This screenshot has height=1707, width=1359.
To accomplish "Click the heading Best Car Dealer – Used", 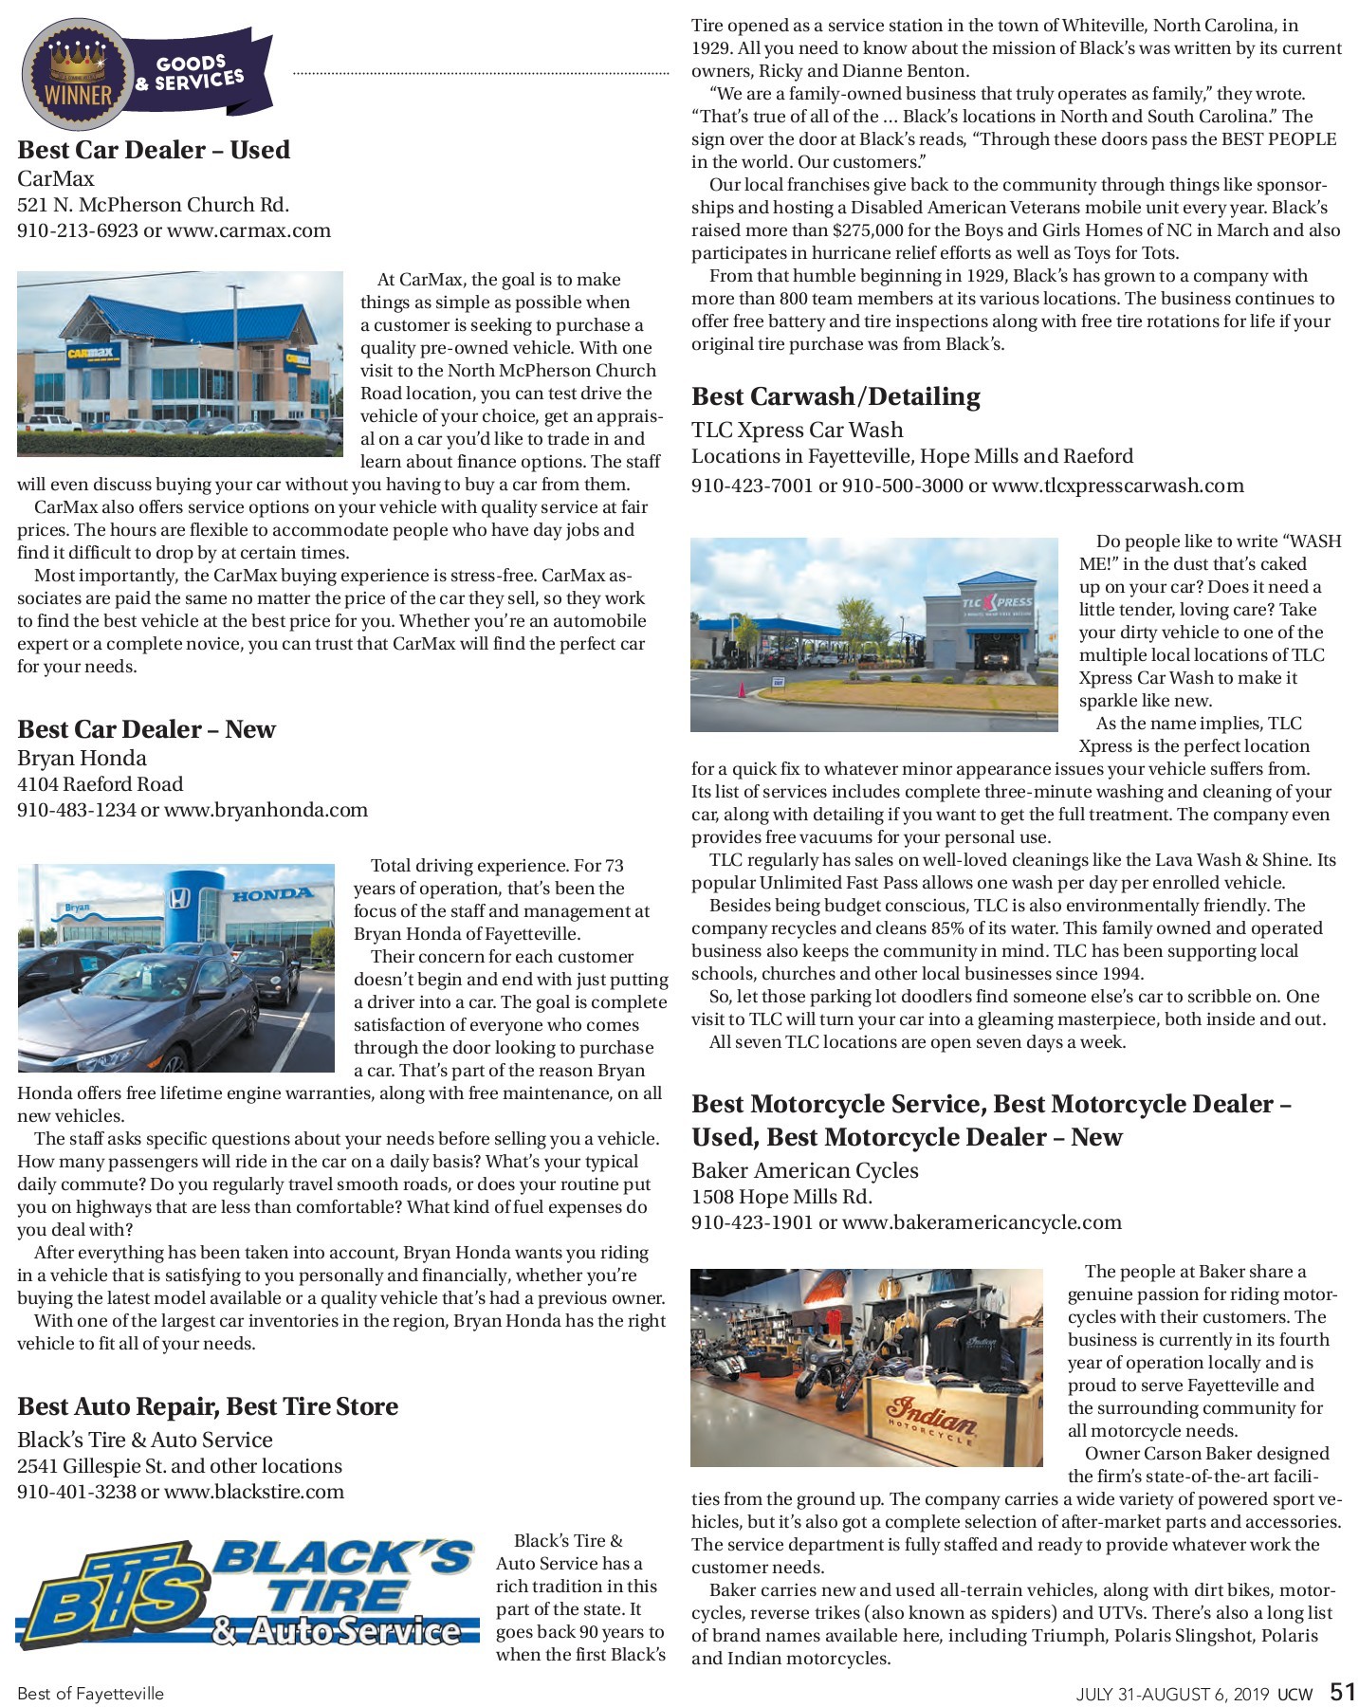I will (x=154, y=150).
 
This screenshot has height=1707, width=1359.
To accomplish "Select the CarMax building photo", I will (x=180, y=364).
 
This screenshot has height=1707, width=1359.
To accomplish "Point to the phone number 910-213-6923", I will (x=78, y=230).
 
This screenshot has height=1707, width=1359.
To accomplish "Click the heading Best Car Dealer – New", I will (x=146, y=729).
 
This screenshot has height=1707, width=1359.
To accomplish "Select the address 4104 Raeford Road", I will (x=100, y=784).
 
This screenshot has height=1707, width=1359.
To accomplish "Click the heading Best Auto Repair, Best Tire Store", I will (x=208, y=1406).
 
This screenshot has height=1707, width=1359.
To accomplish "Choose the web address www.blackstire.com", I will (x=254, y=1492).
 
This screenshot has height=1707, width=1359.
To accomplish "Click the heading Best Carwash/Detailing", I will (x=836, y=396).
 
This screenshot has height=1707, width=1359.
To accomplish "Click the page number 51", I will (x=1342, y=1693).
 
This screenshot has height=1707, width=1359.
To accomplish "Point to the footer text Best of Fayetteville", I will (x=90, y=1694).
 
